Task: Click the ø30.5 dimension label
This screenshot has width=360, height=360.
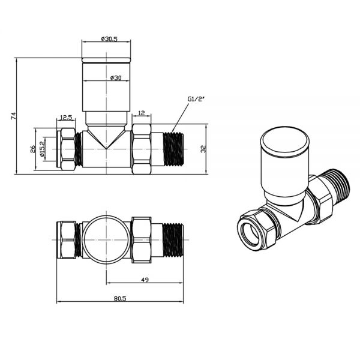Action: tap(108, 39)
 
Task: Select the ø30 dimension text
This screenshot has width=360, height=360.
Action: tap(115, 77)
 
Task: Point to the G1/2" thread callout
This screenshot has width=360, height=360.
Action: tap(196, 99)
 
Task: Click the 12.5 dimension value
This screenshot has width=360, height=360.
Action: tap(66, 118)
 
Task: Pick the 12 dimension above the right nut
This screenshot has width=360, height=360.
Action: tap(141, 113)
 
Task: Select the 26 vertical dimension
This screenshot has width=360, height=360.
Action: tap(33, 148)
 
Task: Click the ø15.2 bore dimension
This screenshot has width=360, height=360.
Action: tap(42, 148)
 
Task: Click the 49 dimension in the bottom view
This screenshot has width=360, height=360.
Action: tap(145, 279)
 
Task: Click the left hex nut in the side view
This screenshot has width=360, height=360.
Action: tap(67, 148)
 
